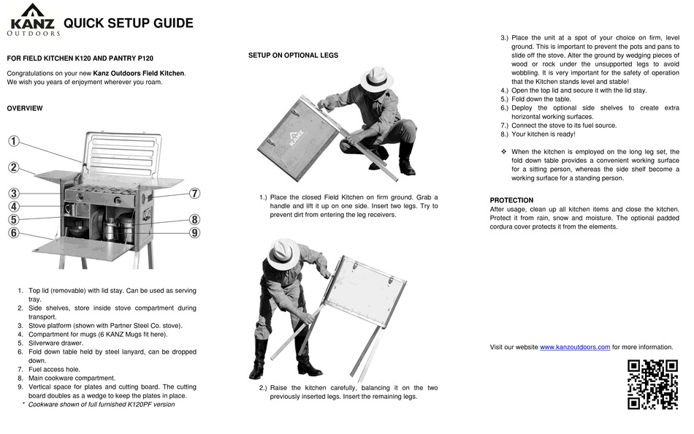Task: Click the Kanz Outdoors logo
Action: pos(33,20)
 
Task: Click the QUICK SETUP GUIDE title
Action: pos(129,23)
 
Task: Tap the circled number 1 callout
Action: pos(14,141)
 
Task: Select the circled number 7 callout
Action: pos(194,194)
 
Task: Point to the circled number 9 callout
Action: pos(194,233)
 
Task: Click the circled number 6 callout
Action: pos(14,233)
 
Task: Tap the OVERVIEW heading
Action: pos(25,108)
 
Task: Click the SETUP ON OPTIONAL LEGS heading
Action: pos(293,56)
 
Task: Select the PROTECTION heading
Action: pos(511,200)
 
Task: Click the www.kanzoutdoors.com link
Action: pos(574,347)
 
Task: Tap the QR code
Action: pos(652,384)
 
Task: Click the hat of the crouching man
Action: pos(376,77)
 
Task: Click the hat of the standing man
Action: pos(283,254)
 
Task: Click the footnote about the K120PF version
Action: pos(101,404)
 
